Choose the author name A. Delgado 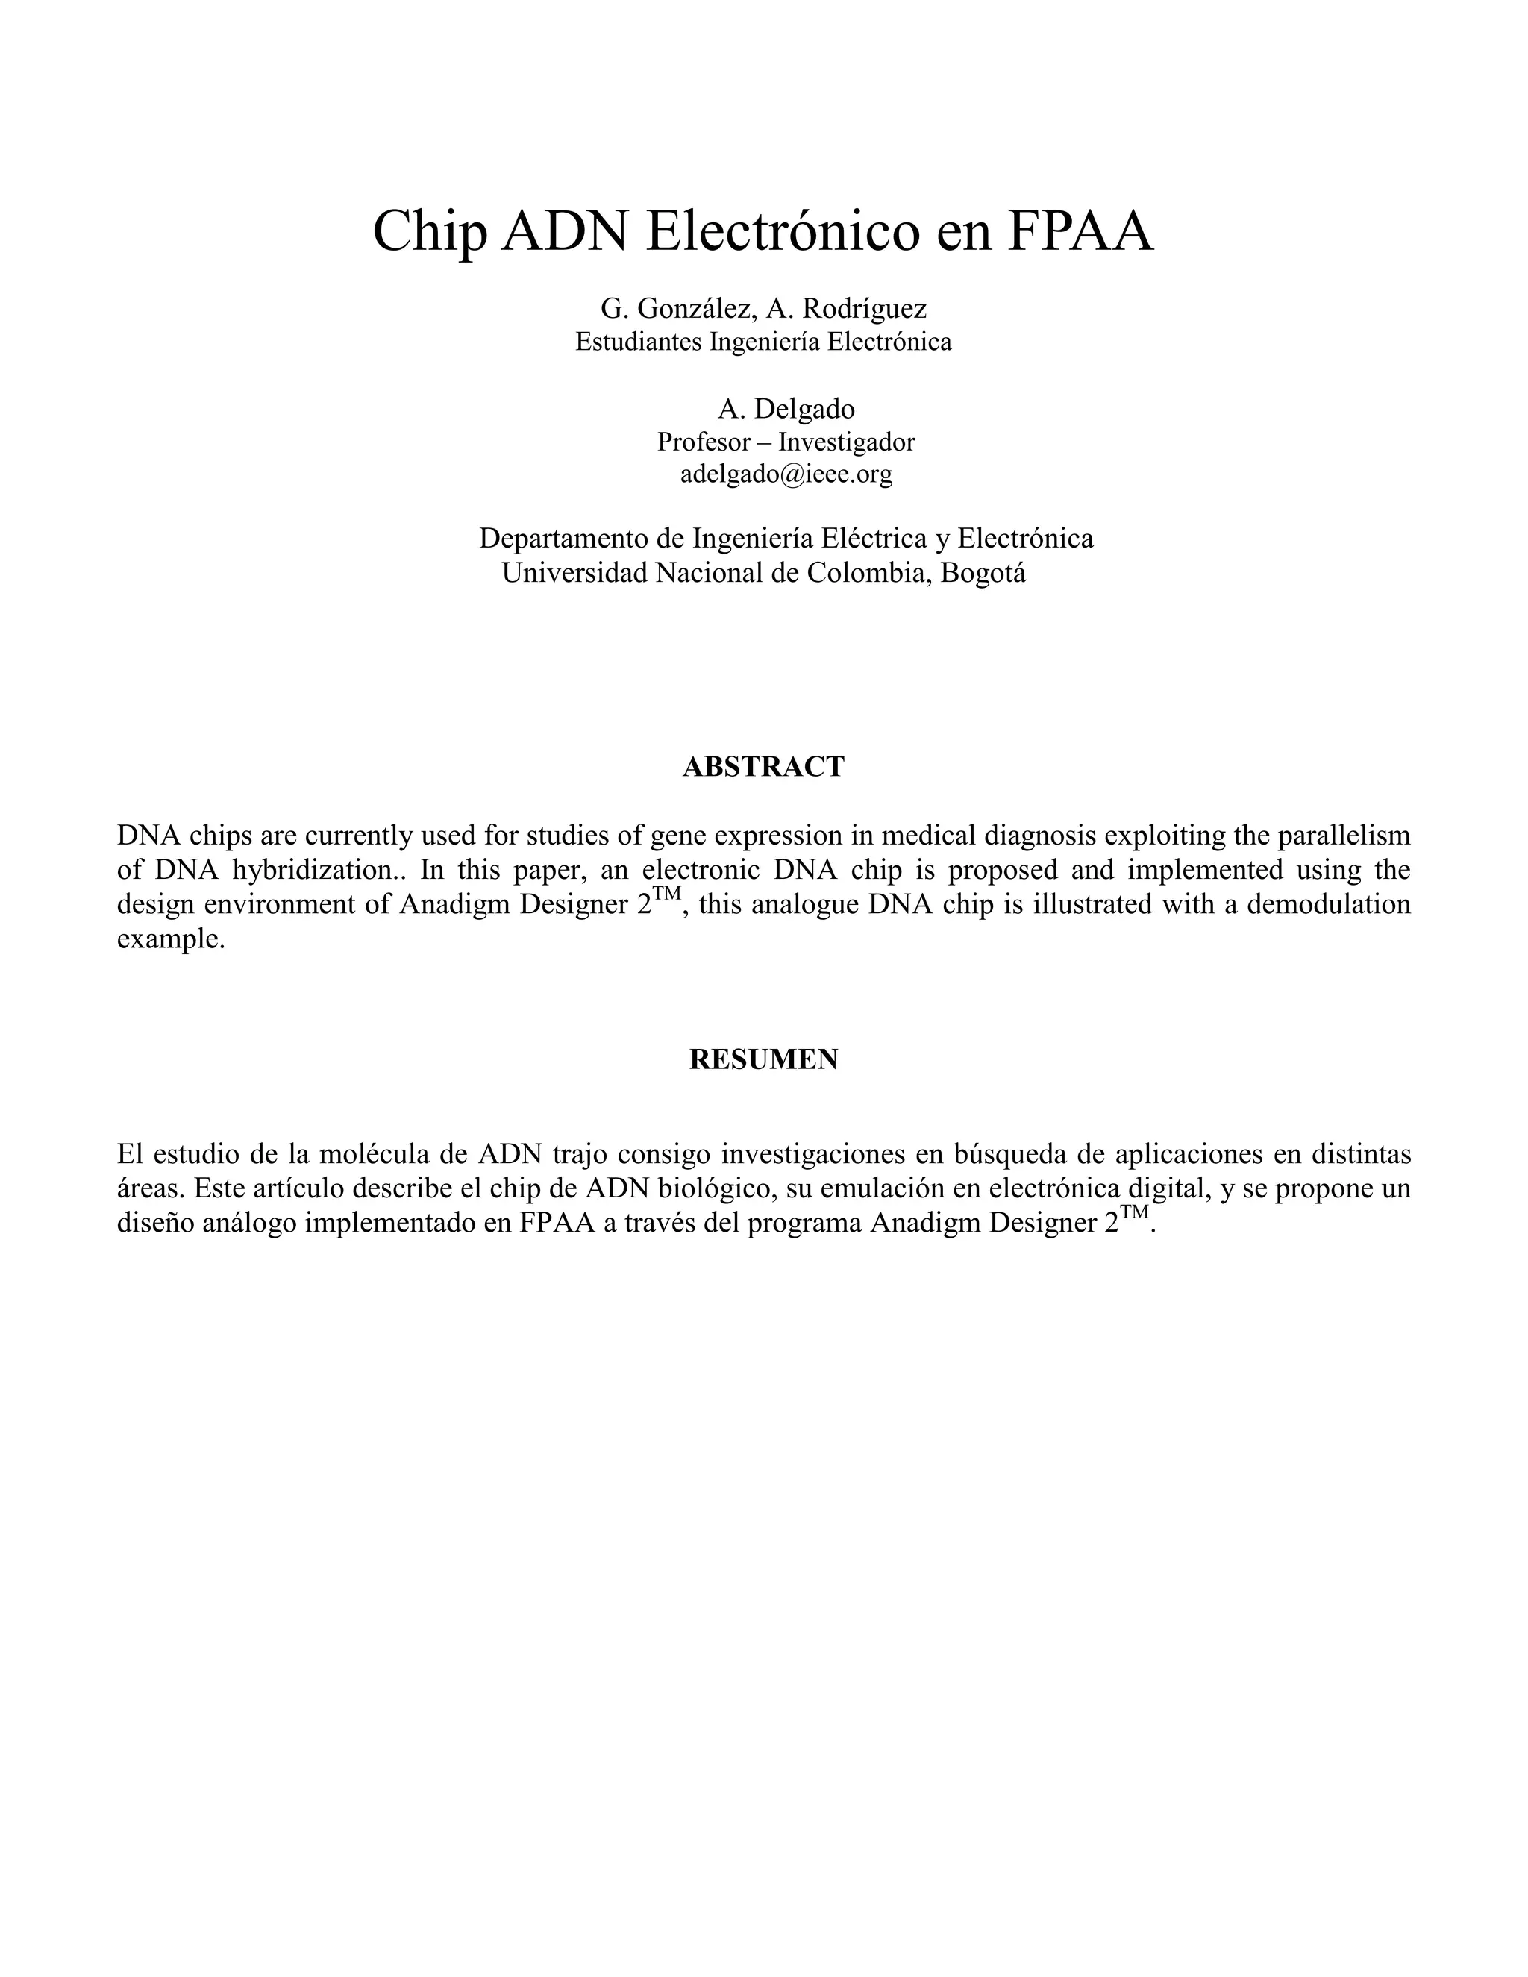pyautogui.click(x=786, y=409)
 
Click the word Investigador pyautogui.click(x=846, y=442)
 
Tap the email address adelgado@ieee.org pyautogui.click(x=786, y=474)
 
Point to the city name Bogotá pyautogui.click(x=983, y=573)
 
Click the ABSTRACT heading pyautogui.click(x=763, y=767)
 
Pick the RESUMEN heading pyautogui.click(x=763, y=1059)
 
